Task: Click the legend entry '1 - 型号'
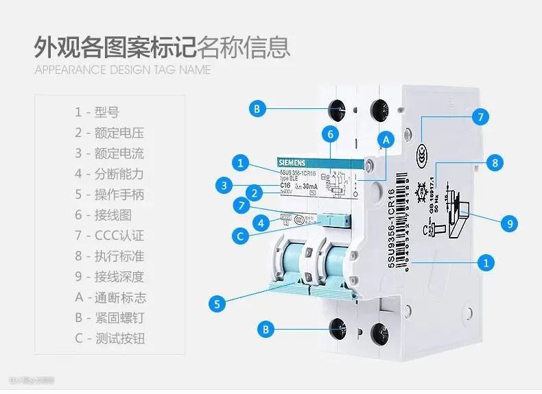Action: pos(97,112)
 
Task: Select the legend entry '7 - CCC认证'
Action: pos(110,236)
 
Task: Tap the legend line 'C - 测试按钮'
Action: pos(110,338)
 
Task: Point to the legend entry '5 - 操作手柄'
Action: pos(110,195)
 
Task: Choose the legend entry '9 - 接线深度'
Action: pos(110,277)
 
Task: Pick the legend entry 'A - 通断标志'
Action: pos(110,297)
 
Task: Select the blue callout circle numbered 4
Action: pos(260,222)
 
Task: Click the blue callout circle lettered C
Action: pos(240,237)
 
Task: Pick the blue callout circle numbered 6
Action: pos(330,134)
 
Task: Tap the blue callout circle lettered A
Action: pos(386,140)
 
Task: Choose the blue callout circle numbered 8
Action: pos(493,162)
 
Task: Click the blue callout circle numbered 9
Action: pos(509,223)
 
